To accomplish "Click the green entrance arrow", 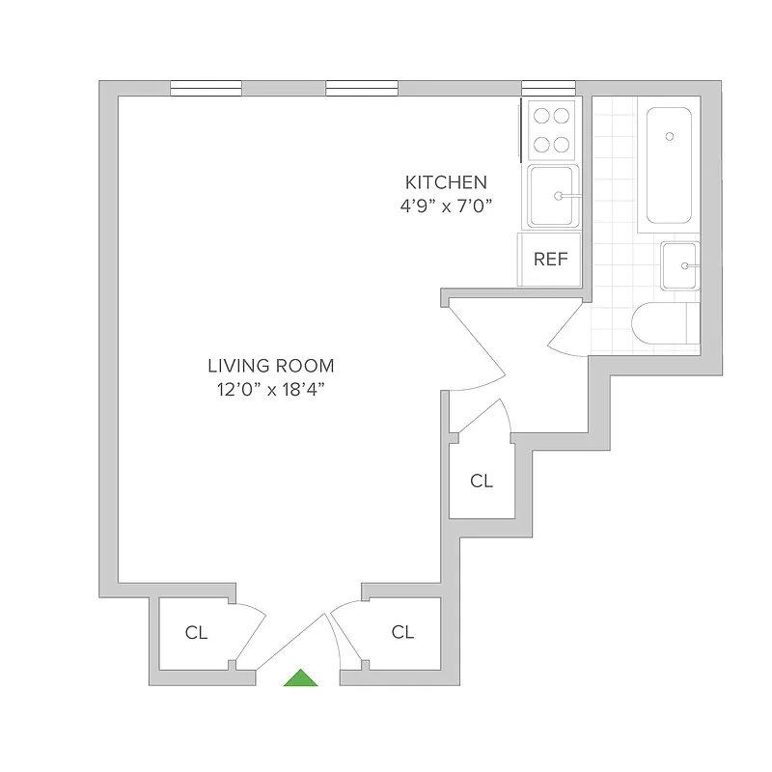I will (300, 678).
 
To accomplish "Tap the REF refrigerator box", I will (550, 260).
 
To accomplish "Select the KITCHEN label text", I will (446, 181).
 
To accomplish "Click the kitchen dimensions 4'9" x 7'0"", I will (446, 205).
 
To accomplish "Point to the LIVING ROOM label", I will (271, 366).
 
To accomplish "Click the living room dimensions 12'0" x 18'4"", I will (271, 389).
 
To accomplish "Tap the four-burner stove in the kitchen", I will (551, 129).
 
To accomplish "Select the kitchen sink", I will (553, 196).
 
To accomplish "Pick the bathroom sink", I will (680, 265).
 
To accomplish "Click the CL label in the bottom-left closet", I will (196, 633).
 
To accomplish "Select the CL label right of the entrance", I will (402, 632).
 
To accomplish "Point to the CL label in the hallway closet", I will (482, 481).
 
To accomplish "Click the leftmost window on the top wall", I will (206, 89).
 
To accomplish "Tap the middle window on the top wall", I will (362, 89).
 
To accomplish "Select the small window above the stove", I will (541, 89).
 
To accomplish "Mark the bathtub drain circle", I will (669, 136).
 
